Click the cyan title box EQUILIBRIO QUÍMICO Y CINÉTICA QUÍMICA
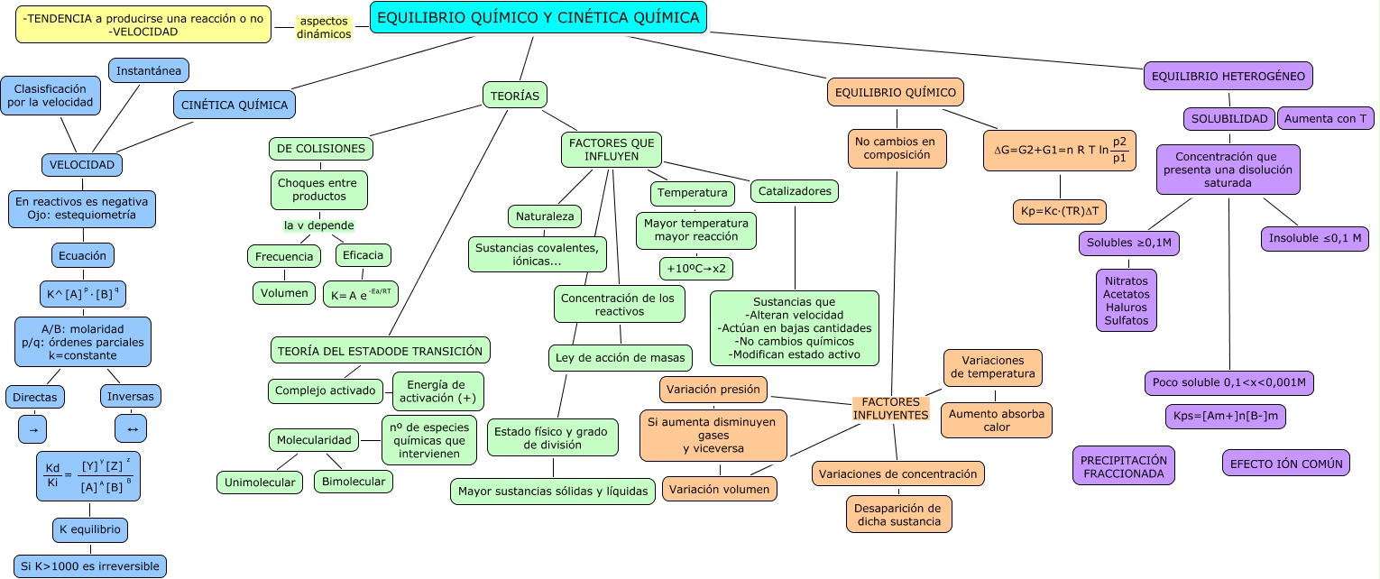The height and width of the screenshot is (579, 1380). tap(538, 17)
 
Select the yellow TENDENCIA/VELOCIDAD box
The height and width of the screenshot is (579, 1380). tap(143, 24)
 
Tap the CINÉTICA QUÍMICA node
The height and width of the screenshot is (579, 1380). tap(235, 105)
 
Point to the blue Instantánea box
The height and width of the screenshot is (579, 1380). tap(149, 70)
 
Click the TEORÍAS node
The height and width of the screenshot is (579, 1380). tap(514, 96)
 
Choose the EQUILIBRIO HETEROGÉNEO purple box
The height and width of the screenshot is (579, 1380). tap(1228, 76)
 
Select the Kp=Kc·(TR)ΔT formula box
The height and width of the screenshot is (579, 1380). tap(1060, 211)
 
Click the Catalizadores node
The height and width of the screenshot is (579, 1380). tap(794, 191)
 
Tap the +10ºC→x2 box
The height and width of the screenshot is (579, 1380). tap(696, 269)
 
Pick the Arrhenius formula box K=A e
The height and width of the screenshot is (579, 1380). tap(361, 294)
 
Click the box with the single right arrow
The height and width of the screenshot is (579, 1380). tap(32, 429)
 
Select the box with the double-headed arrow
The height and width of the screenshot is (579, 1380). tap(131, 428)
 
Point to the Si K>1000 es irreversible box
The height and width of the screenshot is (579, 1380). tap(90, 566)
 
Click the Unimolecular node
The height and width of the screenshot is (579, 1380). tap(260, 482)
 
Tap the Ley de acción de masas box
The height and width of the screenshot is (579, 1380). tap(620, 358)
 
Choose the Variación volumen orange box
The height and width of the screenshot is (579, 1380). tap(719, 489)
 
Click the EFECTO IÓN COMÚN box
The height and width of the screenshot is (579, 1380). tap(1285, 464)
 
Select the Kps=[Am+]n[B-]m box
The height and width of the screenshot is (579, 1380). tap(1226, 416)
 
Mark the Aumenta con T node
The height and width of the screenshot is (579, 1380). tap(1325, 118)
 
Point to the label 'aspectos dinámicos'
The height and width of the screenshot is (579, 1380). tap(324, 28)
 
